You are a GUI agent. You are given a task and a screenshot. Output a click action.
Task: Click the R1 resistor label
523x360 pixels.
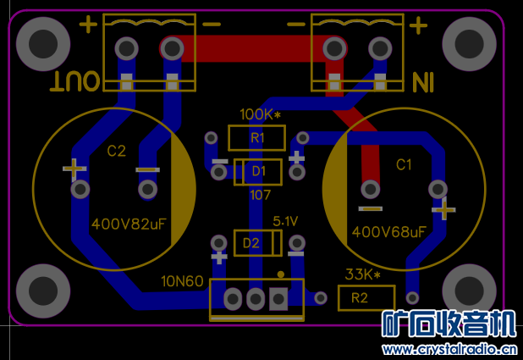pyautogui.click(x=257, y=137)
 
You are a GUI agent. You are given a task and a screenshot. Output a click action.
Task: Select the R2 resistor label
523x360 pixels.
pyautogui.click(x=360, y=298)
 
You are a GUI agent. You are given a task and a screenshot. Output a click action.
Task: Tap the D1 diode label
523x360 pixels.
pyautogui.click(x=259, y=172)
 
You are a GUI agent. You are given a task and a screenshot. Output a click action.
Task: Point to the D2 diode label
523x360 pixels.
pyautogui.click(x=251, y=244)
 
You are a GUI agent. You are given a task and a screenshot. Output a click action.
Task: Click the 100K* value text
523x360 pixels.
pyautogui.click(x=260, y=114)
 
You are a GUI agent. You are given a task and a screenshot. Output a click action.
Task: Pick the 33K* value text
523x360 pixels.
pyautogui.click(x=361, y=274)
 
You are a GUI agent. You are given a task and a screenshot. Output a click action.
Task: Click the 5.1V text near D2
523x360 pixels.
pyautogui.click(x=285, y=221)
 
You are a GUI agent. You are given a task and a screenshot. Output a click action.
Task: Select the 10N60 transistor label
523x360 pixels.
pyautogui.click(x=183, y=281)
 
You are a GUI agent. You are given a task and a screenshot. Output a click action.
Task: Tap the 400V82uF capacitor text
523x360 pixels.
pyautogui.click(x=129, y=224)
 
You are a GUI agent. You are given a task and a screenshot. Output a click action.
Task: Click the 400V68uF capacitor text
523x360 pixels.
pyautogui.click(x=388, y=231)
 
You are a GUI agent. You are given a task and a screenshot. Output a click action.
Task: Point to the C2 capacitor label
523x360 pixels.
pyautogui.click(x=116, y=152)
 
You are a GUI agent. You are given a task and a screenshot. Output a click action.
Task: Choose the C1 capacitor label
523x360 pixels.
pyautogui.click(x=403, y=163)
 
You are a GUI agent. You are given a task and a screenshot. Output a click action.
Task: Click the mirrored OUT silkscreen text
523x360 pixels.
pyautogui.click(x=76, y=81)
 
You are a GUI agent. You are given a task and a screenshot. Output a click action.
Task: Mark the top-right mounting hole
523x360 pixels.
pyautogui.click(x=468, y=42)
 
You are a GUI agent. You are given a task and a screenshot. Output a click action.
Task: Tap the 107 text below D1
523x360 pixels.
pyautogui.click(x=260, y=195)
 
